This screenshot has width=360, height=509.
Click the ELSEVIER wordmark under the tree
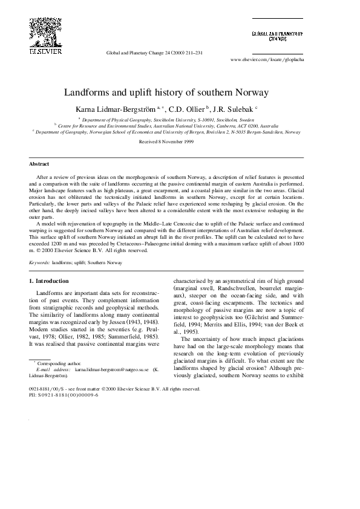click(42, 51)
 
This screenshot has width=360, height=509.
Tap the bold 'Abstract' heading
click(39, 164)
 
